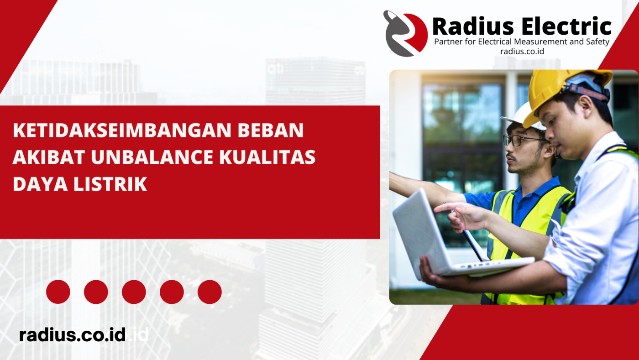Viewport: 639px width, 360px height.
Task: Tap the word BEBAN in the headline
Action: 271,130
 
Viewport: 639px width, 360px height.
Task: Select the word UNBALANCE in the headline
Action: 152,157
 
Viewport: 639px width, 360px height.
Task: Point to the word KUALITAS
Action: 267,157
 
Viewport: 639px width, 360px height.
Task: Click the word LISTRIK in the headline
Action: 110,184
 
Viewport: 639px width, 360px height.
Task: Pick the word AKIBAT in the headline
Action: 49,157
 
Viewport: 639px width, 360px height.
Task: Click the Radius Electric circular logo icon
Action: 405,33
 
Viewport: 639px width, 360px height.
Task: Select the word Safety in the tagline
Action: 597,42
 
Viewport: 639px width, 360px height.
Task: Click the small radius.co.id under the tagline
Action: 522,52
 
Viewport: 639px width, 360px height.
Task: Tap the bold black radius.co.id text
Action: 73,334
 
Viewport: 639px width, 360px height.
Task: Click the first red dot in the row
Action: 58,292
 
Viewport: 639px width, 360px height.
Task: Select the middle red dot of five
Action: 134,292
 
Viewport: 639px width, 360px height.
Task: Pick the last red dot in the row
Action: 210,292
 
